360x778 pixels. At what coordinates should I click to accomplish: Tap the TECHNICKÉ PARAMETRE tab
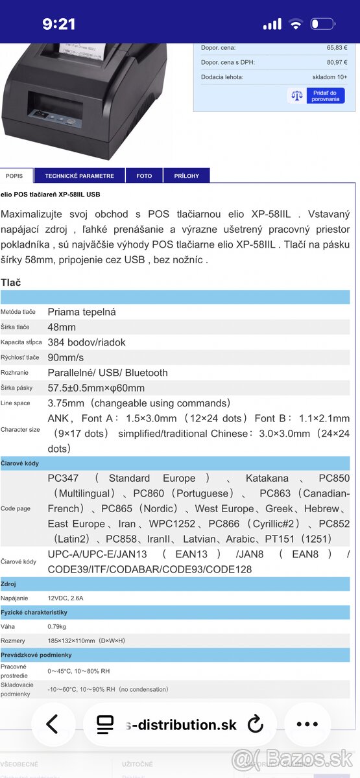79,176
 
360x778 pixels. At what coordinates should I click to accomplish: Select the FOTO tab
144,176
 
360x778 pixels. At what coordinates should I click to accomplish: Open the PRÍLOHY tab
186,176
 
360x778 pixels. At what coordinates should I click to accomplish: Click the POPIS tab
14,176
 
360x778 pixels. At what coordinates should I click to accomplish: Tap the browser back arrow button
52,724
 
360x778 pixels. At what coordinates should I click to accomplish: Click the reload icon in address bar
256,724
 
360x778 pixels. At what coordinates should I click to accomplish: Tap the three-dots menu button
307,724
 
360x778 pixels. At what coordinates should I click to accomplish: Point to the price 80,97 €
337,62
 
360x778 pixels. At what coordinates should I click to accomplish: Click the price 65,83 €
337,47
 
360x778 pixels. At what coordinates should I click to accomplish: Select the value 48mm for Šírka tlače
62,327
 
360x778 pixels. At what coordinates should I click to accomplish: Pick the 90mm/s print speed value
66,357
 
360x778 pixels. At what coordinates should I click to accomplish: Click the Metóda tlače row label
18,312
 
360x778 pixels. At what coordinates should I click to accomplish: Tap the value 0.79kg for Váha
56,626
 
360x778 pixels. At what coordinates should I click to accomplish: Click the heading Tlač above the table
11,282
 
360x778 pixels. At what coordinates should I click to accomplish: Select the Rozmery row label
13,641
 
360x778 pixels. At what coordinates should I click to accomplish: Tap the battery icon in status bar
322,25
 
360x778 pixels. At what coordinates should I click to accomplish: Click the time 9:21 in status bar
59,24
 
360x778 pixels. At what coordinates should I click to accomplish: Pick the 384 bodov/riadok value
86,342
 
